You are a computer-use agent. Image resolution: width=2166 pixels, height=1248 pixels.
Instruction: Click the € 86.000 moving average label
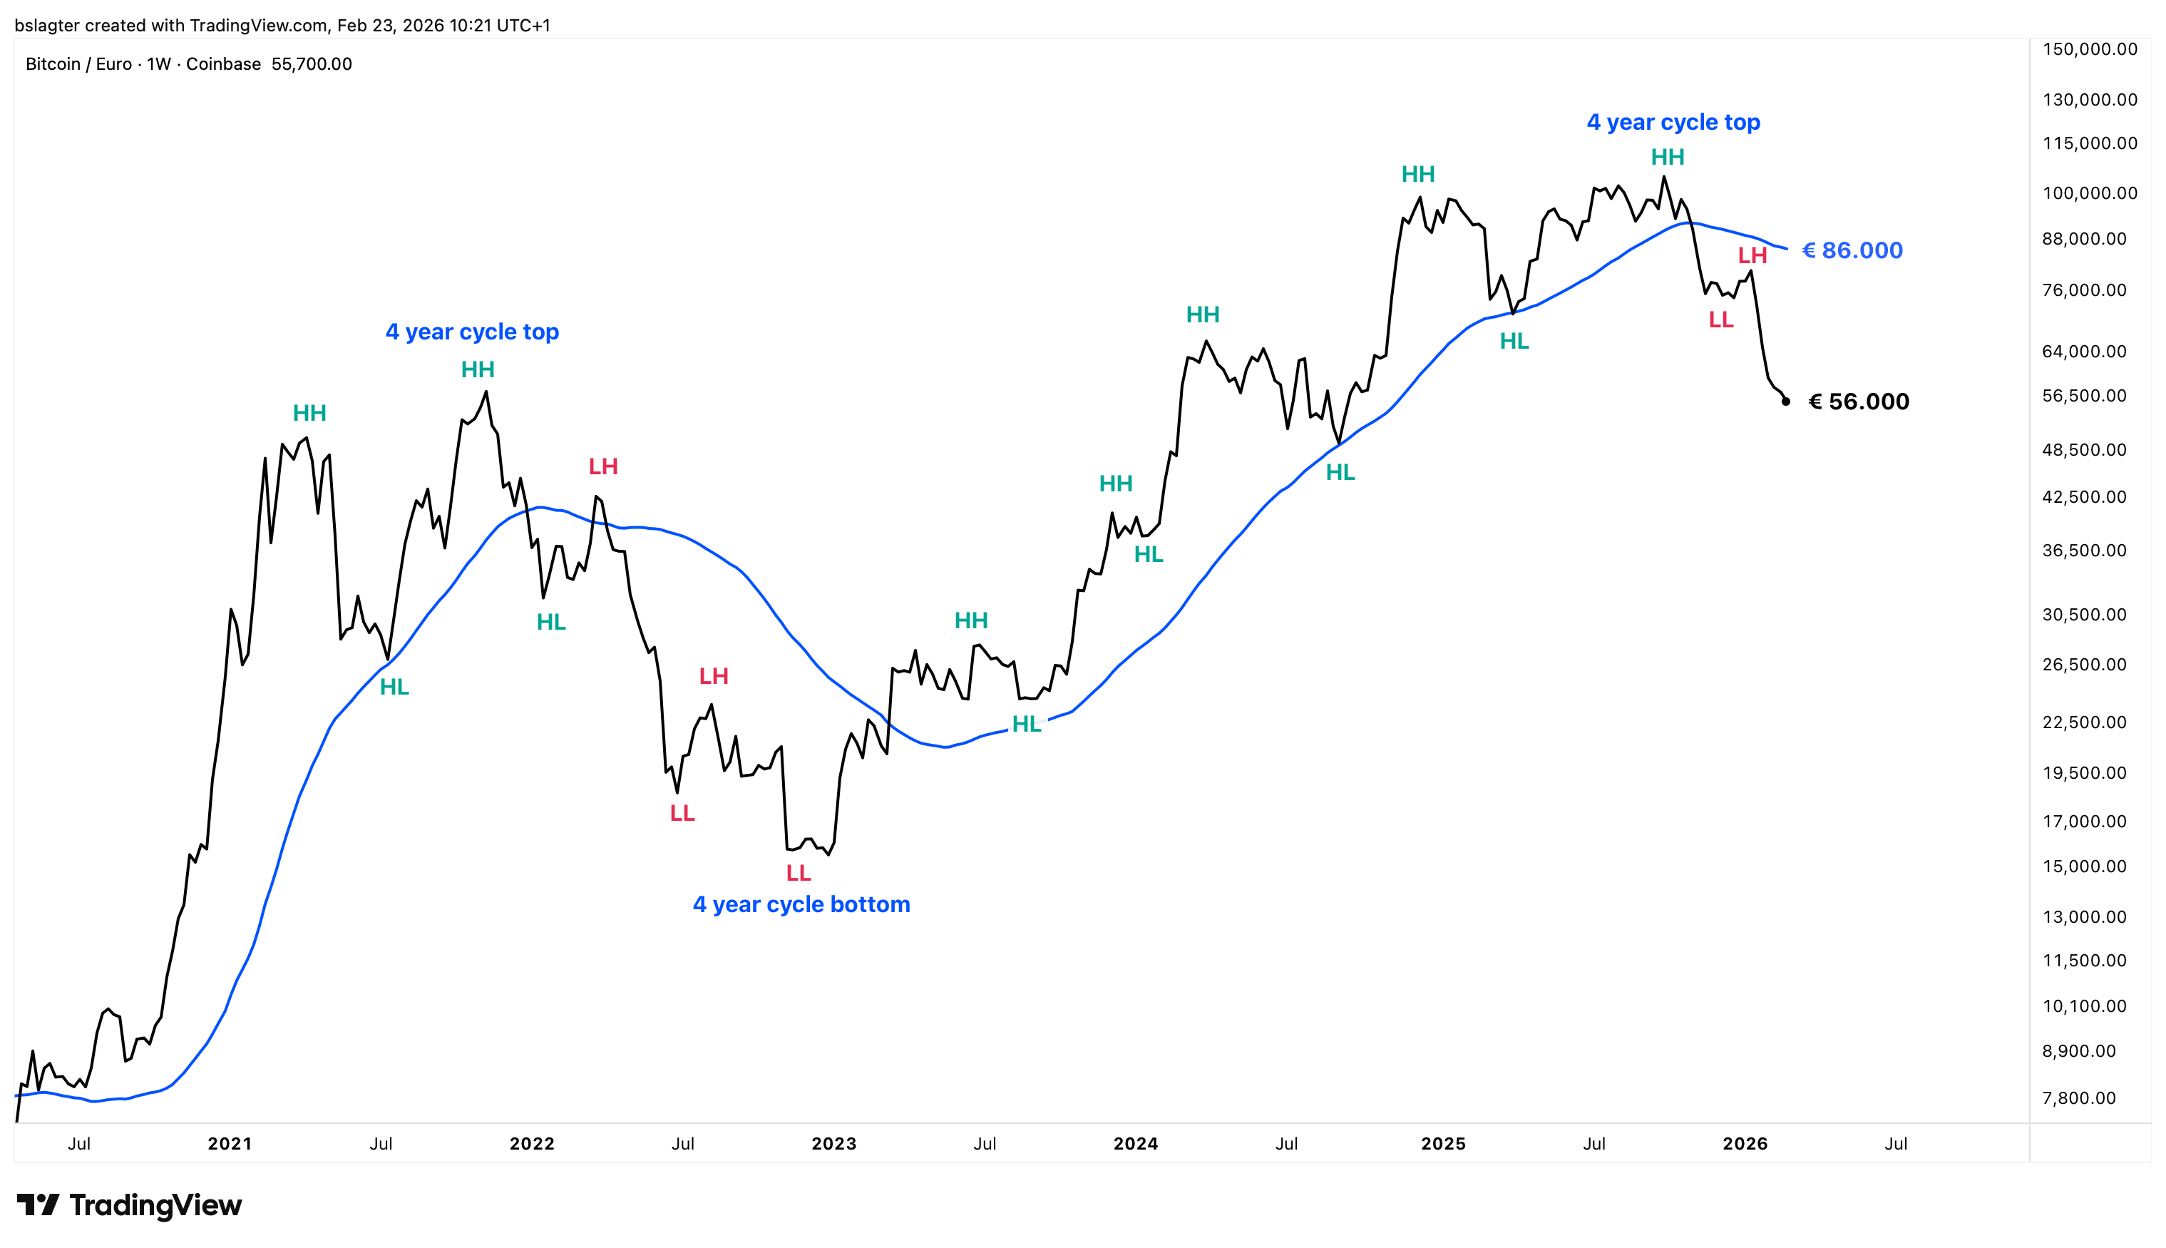[1852, 250]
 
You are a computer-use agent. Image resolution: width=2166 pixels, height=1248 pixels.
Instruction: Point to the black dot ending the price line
[1785, 401]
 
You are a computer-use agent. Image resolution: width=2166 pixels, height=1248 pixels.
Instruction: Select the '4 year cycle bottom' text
[801, 904]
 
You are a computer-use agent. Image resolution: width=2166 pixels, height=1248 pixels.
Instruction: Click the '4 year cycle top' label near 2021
[472, 332]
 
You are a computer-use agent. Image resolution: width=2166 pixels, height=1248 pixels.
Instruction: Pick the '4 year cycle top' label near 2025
[1673, 122]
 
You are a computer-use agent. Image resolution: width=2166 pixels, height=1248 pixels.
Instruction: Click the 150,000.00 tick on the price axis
[2089, 49]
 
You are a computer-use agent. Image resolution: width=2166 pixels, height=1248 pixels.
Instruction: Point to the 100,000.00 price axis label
[2089, 193]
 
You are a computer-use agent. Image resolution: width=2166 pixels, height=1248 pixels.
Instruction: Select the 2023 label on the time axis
[833, 1143]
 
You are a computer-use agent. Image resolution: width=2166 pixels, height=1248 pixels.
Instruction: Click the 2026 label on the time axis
[1745, 1143]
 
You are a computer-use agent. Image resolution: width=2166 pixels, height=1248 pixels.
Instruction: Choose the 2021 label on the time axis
[230, 1143]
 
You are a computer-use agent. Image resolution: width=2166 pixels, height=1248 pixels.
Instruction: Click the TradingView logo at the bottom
[129, 1205]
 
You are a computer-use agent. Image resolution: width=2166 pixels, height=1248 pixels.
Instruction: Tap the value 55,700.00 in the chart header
[311, 64]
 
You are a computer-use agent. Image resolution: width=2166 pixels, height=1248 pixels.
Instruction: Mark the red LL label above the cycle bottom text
[798, 873]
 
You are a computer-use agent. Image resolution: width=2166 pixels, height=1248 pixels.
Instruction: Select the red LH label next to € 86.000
[1752, 255]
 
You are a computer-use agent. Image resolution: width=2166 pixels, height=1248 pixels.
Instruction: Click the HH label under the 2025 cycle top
[1668, 157]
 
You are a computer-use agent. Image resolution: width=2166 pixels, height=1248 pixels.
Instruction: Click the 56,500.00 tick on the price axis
[2084, 395]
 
